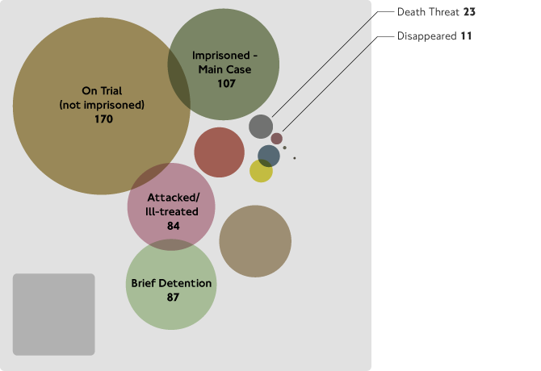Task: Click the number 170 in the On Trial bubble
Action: coord(103,119)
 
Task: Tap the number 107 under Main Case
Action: coord(226,83)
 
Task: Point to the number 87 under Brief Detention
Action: coord(171,297)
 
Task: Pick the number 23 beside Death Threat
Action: coord(468,13)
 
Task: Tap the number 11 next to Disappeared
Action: coord(465,36)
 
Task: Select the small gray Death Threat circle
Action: coord(260,127)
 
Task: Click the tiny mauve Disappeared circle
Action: coord(276,138)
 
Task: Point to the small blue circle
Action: coord(269,156)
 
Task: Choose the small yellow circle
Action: coord(261,171)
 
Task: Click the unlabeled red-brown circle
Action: coord(219,152)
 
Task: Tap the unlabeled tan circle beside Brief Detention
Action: coord(255,241)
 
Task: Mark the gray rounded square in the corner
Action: coord(54,315)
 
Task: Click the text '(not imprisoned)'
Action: coord(102,105)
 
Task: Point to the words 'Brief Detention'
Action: coord(171,283)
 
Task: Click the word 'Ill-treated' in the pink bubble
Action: coord(173,212)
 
